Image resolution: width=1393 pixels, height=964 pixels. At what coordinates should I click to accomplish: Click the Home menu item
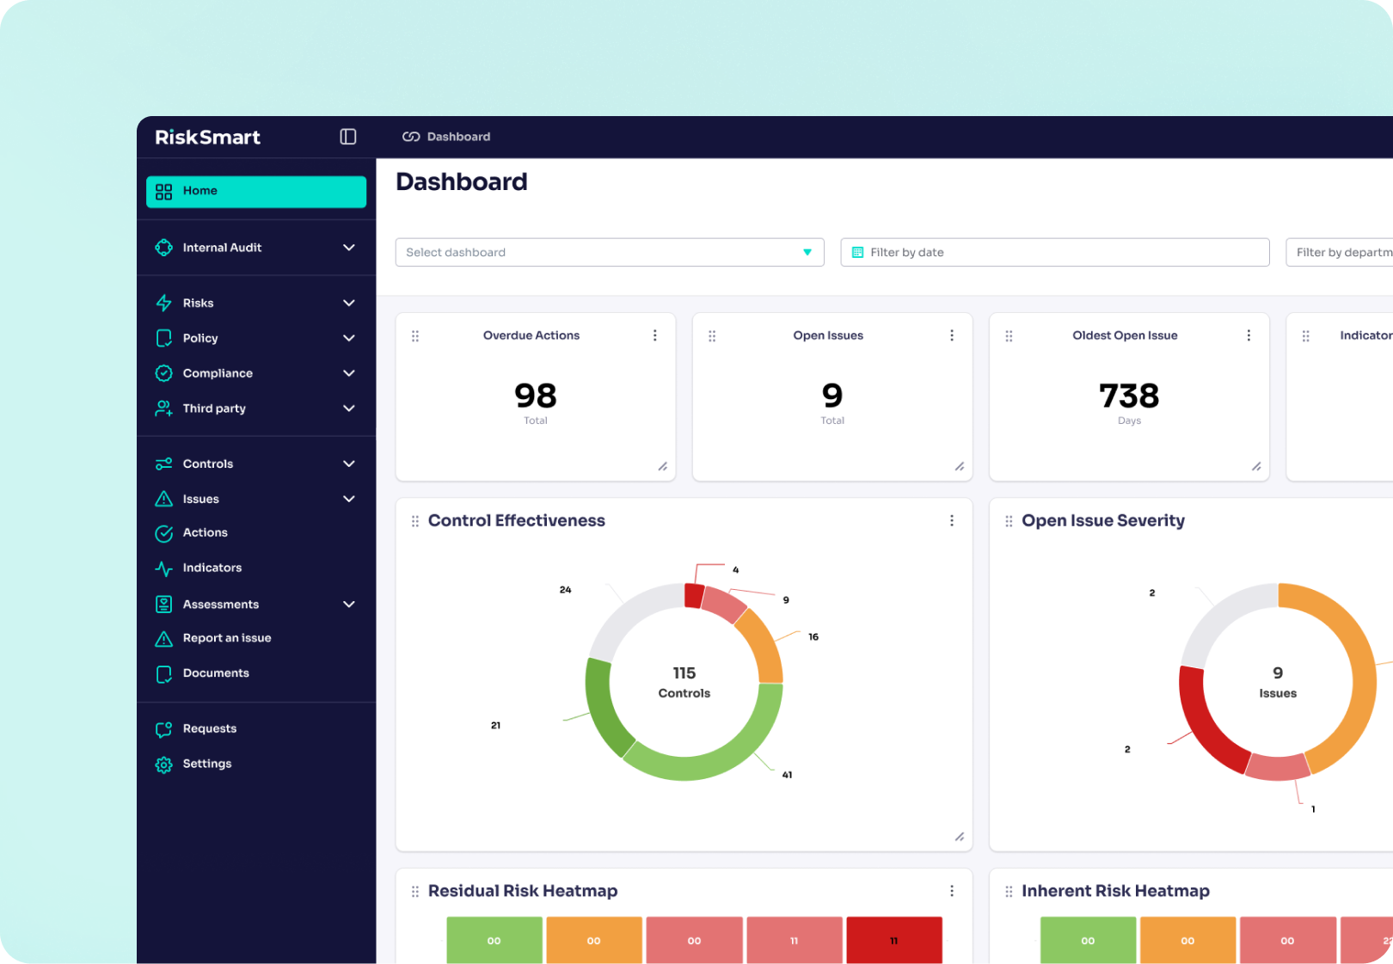pyautogui.click(x=255, y=191)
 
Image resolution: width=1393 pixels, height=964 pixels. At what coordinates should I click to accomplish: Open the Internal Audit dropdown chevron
pyautogui.click(x=348, y=248)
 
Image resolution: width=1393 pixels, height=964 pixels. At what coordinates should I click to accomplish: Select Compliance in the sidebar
pyautogui.click(x=218, y=373)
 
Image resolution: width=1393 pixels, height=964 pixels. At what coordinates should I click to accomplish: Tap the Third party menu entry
pyautogui.click(x=214, y=408)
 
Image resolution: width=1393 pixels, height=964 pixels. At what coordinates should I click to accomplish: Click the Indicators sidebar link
pyautogui.click(x=212, y=568)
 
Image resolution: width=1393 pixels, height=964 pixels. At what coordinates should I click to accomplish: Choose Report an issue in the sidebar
pyautogui.click(x=226, y=638)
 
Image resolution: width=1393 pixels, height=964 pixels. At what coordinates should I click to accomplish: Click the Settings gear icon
pyautogui.click(x=163, y=764)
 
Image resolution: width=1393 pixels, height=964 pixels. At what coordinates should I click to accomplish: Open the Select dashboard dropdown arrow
pyautogui.click(x=807, y=252)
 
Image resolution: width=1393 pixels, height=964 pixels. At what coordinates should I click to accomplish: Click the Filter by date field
pyautogui.click(x=1054, y=252)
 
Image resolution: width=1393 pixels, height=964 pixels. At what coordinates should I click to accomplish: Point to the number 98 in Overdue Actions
pyautogui.click(x=535, y=396)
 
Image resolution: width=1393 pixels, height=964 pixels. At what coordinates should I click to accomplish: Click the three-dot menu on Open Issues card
pyautogui.click(x=951, y=335)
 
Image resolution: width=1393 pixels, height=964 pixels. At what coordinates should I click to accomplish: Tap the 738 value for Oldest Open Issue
pyautogui.click(x=1128, y=396)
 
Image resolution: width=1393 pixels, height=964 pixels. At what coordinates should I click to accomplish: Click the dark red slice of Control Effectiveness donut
pyautogui.click(x=693, y=595)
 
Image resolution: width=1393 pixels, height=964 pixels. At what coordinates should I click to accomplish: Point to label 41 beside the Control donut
pyautogui.click(x=787, y=775)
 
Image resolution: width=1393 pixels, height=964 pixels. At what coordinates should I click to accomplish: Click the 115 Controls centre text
pyautogui.click(x=684, y=682)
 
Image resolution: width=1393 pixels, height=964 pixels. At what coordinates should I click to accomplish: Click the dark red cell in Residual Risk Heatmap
pyautogui.click(x=893, y=940)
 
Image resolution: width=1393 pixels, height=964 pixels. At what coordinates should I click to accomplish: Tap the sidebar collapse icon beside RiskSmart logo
pyautogui.click(x=347, y=137)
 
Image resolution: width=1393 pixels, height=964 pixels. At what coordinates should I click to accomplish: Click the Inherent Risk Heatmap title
pyautogui.click(x=1114, y=891)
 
